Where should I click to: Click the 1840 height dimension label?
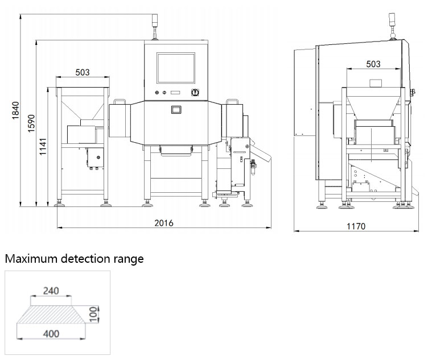click(x=15, y=111)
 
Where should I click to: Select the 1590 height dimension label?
click(x=32, y=123)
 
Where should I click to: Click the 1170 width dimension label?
click(x=356, y=226)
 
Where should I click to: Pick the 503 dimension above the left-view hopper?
click(x=83, y=72)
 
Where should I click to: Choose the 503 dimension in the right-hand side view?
click(x=373, y=64)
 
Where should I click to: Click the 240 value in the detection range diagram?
click(x=51, y=291)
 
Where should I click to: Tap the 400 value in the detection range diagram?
click(x=51, y=334)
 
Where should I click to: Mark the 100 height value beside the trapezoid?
click(x=93, y=312)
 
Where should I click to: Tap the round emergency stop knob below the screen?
click(x=195, y=92)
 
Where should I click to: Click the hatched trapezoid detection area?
click(x=51, y=312)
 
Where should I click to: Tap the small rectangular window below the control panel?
click(x=175, y=109)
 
